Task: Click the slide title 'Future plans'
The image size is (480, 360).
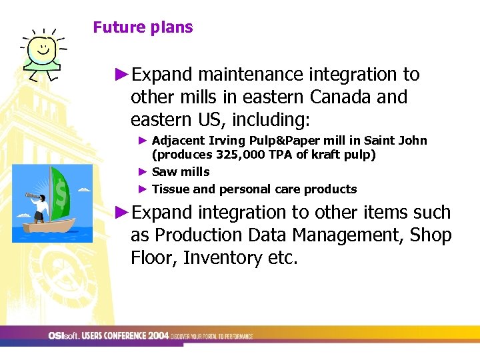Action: click(143, 27)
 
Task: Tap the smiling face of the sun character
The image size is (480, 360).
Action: click(44, 48)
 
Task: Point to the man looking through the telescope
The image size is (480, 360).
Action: click(41, 206)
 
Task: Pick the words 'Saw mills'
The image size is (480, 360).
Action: click(181, 172)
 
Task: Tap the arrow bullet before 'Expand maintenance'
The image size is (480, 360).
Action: click(121, 75)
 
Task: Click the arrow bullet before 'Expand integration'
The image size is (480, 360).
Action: click(121, 213)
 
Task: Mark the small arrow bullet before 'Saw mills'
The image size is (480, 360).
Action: click(142, 172)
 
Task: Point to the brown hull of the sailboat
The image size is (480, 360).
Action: click(50, 227)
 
